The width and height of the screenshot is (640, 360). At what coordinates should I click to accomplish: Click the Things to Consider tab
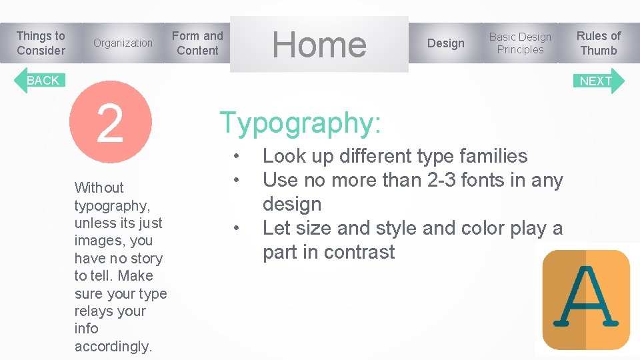[41, 43]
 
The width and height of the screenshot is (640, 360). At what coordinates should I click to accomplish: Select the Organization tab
[123, 43]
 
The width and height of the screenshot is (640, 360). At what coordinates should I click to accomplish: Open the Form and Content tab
[197, 43]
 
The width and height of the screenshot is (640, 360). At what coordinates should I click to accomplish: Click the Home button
[319, 45]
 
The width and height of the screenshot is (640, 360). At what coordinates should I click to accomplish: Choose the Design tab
[445, 43]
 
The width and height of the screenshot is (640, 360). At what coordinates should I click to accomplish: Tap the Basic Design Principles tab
[520, 43]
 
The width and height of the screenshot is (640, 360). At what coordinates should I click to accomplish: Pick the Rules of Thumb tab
[598, 43]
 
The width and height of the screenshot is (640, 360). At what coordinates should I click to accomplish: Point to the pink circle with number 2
[111, 123]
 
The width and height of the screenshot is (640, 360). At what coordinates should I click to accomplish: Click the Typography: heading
[301, 123]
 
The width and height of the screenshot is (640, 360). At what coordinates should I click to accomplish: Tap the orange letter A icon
[586, 299]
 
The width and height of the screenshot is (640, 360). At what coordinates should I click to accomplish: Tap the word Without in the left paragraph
[99, 187]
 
